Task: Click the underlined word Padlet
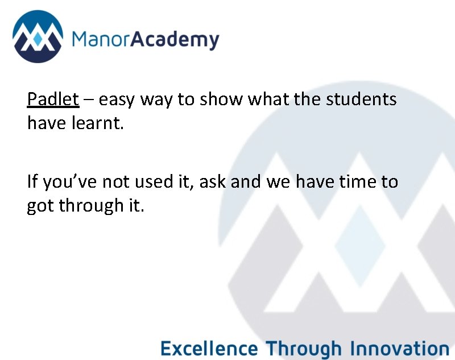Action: tap(53, 100)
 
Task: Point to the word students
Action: tap(361, 100)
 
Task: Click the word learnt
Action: tap(97, 122)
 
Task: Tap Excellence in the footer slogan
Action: tap(209, 347)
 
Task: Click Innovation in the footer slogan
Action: tap(400, 347)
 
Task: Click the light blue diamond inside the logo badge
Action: tap(38, 40)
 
